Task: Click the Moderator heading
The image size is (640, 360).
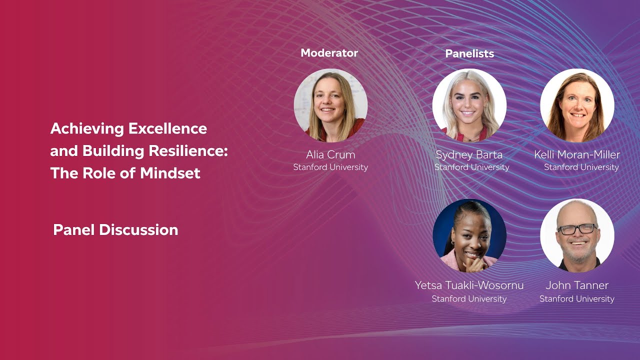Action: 329,53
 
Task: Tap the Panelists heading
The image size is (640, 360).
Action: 469,53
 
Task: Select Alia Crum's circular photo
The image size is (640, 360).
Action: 330,105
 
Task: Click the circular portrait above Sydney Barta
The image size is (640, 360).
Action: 469,105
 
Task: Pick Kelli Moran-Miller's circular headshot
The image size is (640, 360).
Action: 577,105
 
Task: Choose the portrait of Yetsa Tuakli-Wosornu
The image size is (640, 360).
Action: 469,235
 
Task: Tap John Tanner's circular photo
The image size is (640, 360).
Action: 577,235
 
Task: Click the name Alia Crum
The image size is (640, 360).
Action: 330,154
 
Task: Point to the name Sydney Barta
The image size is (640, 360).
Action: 469,154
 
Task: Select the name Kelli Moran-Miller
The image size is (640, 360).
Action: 577,154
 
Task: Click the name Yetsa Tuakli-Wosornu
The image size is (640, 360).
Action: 469,285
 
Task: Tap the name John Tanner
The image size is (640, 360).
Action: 577,285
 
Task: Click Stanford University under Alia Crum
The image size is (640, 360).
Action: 330,167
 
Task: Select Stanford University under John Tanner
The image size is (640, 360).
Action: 577,299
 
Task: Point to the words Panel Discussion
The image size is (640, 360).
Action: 115,230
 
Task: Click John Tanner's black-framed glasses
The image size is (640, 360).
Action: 577,229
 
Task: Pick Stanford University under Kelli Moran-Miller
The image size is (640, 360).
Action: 581,167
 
